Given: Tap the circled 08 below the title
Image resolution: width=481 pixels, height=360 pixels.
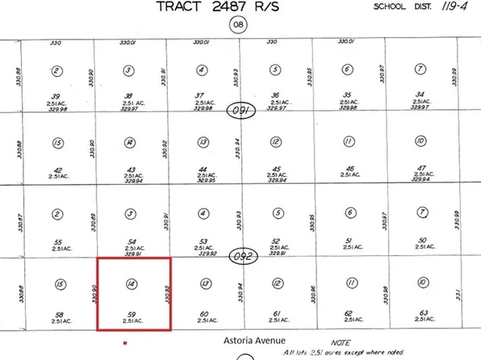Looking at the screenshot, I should pos(238,26).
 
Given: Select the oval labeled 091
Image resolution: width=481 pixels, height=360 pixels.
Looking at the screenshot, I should pos(240,111).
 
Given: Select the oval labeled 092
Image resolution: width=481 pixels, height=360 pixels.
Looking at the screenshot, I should pos(240,253).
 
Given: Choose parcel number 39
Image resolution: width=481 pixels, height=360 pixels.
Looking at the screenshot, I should pos(56,94).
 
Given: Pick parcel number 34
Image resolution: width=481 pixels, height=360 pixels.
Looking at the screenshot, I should pos(419,94).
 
